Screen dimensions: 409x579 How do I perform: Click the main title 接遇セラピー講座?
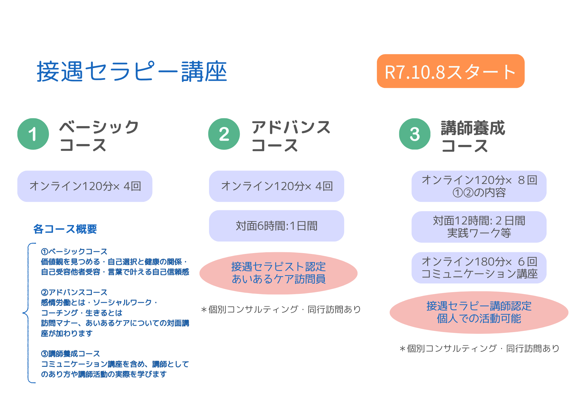pyautogui.click(x=132, y=71)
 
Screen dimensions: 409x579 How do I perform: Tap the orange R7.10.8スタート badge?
pyautogui.click(x=450, y=71)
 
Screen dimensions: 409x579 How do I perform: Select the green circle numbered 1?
pyautogui.click(x=33, y=134)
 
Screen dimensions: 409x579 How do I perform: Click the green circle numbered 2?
pyautogui.click(x=224, y=134)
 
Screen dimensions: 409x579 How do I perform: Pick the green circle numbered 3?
pyautogui.click(x=415, y=134)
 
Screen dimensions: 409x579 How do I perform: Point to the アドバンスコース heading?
pyautogui.click(x=291, y=136)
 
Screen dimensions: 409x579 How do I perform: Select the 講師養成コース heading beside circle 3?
pyautogui.click(x=473, y=136)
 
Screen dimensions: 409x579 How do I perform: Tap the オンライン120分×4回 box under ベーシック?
pyautogui.click(x=85, y=186)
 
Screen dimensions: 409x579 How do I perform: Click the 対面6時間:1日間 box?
pyautogui.click(x=276, y=226)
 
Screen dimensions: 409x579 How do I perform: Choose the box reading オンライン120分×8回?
pyautogui.click(x=479, y=186)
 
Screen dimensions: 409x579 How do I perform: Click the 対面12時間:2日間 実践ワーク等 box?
pyautogui.click(x=479, y=227)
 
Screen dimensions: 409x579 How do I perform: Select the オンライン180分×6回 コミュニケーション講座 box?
pyautogui.click(x=479, y=268)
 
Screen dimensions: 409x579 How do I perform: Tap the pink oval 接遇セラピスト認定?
pyautogui.click(x=278, y=273)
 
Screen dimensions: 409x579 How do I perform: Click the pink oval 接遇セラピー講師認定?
pyautogui.click(x=479, y=312)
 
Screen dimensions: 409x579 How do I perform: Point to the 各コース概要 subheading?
pyautogui.click(x=65, y=229)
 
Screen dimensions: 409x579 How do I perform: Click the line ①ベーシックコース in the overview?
pyautogui.click(x=74, y=251)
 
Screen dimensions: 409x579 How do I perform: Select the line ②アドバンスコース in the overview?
pyautogui.click(x=74, y=292)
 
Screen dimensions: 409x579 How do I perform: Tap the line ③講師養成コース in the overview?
pyautogui.click(x=71, y=353)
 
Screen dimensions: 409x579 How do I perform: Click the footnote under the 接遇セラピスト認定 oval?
pyautogui.click(x=281, y=309)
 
